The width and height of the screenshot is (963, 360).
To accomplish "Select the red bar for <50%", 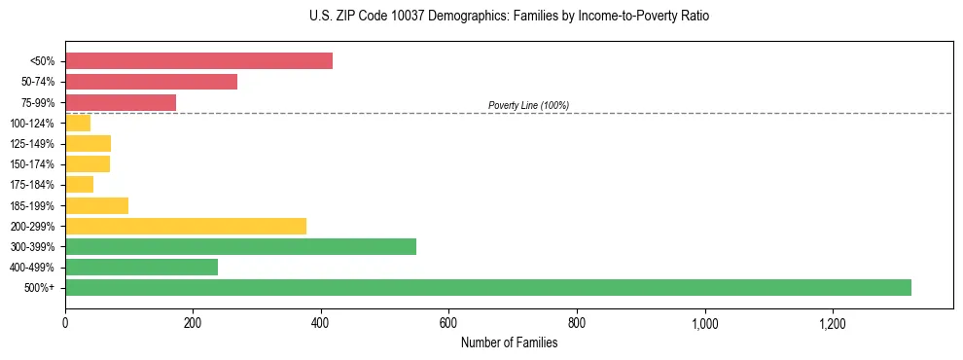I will (198, 60).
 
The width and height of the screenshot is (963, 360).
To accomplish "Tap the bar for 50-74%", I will (151, 82).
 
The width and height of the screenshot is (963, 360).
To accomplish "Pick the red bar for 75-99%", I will (121, 102).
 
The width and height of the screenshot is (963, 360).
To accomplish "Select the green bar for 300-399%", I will (240, 246).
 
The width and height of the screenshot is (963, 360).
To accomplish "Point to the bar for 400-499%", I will (141, 267).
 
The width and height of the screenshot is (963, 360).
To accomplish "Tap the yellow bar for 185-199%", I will (96, 205).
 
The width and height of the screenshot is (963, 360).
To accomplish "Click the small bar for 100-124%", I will (78, 123).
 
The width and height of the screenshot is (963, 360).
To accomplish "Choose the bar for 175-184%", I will (79, 184).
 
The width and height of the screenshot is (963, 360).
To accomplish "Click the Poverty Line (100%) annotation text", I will (528, 105).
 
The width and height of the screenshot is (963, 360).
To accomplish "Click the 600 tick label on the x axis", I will (448, 323).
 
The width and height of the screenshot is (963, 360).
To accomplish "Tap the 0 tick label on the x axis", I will (65, 323).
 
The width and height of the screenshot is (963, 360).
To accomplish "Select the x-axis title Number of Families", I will (509, 342).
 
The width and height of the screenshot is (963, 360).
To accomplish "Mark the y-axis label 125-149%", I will (32, 144).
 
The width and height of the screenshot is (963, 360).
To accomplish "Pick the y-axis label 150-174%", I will (32, 164).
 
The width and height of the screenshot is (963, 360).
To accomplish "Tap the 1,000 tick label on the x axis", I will (704, 323).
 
